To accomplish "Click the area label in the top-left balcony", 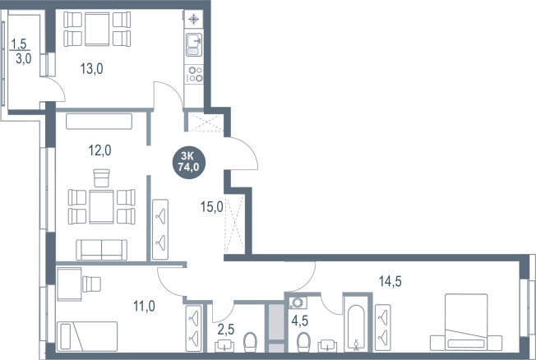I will tap(21, 51).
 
